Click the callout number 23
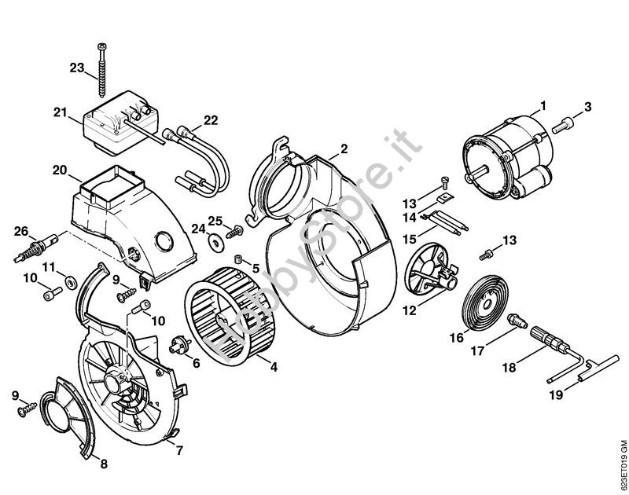click(x=76, y=68)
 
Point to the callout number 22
click(x=210, y=119)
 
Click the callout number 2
click(x=344, y=148)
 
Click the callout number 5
click(x=256, y=268)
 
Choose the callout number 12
click(x=409, y=311)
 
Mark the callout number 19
click(x=556, y=396)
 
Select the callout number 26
click(x=20, y=230)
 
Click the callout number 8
click(x=103, y=464)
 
